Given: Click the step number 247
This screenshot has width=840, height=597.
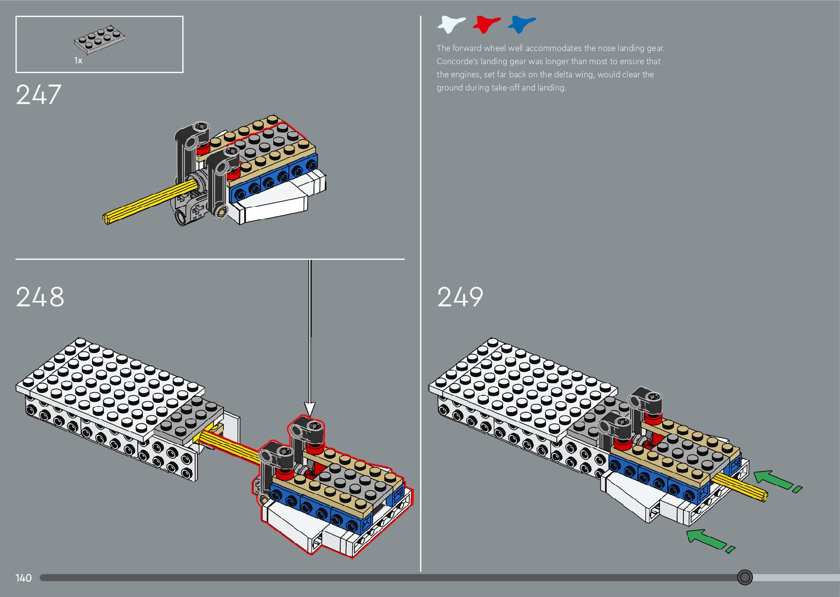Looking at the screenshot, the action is click(x=38, y=94).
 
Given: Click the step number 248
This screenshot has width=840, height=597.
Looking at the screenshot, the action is click(x=40, y=297).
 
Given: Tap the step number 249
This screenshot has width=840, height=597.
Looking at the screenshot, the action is click(x=460, y=297).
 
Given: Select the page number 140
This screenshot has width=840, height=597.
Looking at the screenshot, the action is click(x=24, y=578).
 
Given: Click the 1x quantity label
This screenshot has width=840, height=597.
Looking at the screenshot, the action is click(x=78, y=61).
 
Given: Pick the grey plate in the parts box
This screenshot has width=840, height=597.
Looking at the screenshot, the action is click(x=100, y=40).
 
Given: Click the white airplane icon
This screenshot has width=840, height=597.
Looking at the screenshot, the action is click(x=450, y=24).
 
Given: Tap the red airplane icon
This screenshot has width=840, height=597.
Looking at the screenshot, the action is click(x=486, y=24).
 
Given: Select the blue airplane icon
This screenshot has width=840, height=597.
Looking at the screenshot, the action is click(x=521, y=24).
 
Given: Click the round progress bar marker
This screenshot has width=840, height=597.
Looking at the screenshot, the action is click(x=745, y=577).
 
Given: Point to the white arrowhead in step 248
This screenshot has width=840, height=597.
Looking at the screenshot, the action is click(x=310, y=408).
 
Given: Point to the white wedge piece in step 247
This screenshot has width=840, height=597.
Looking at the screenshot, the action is click(x=274, y=206).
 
